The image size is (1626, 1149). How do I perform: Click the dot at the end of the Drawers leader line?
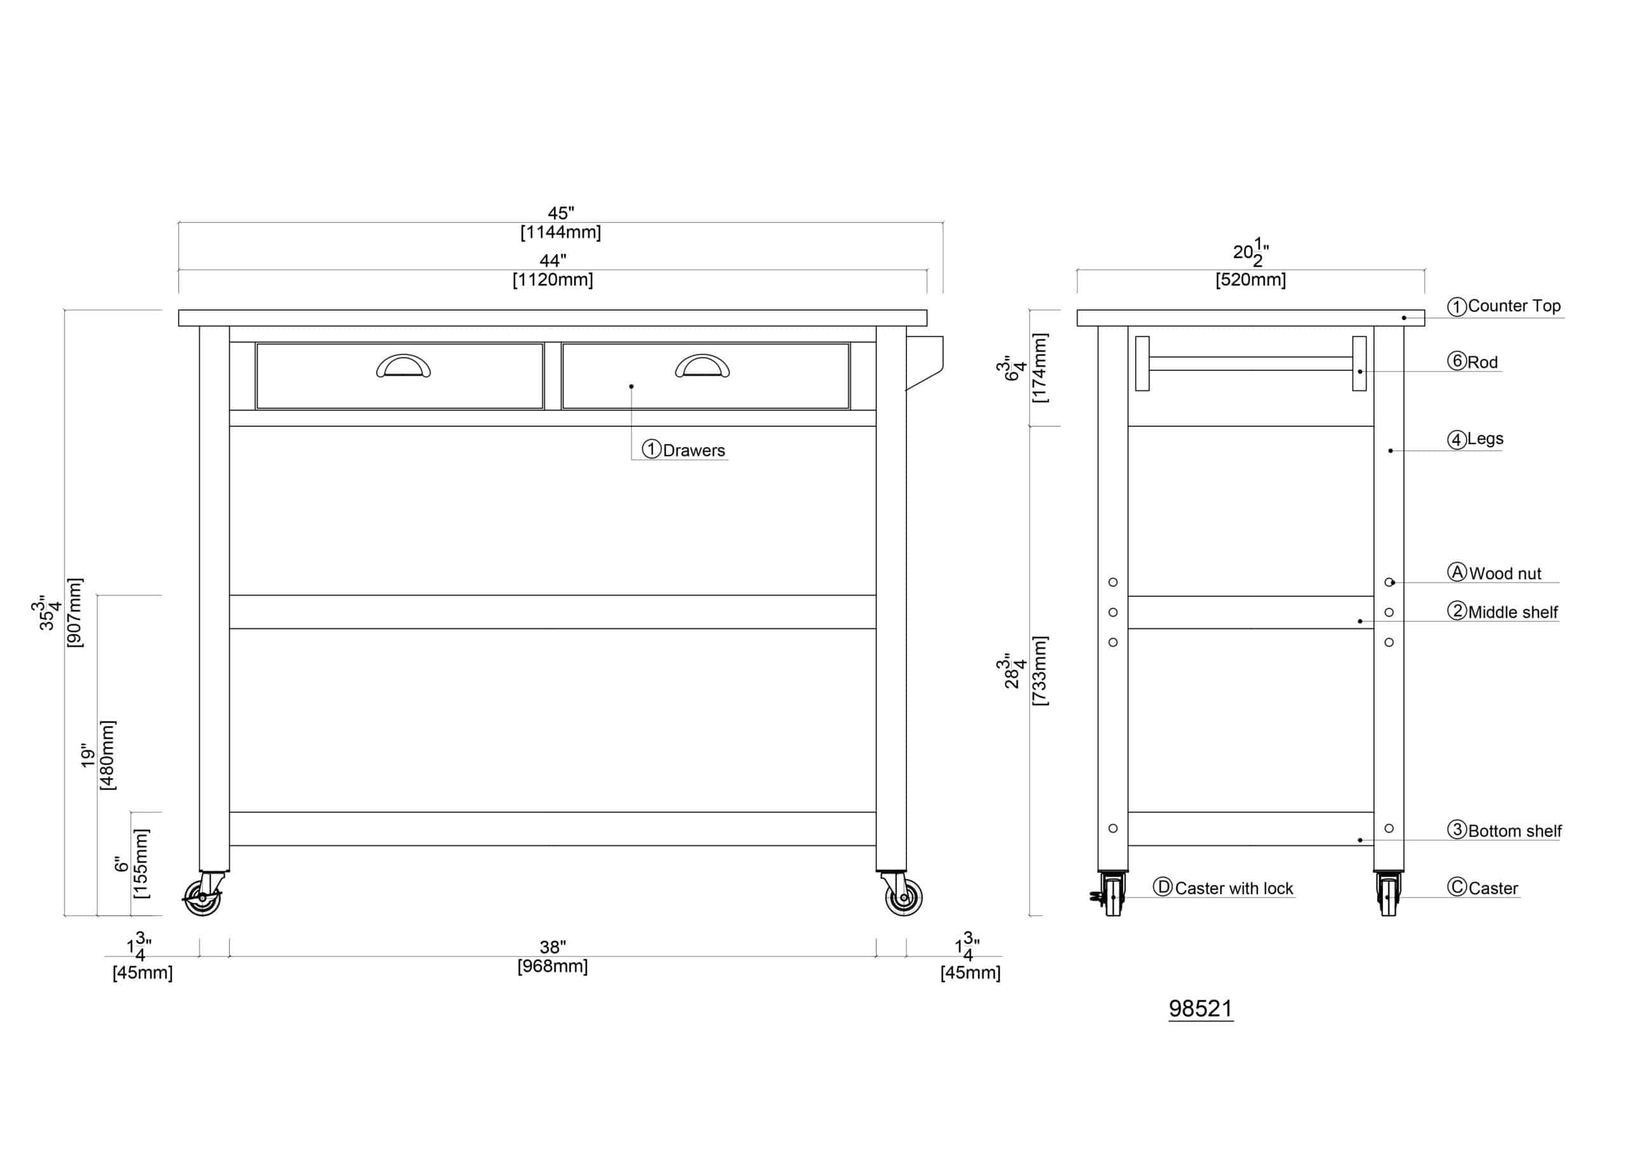pyautogui.click(x=631, y=386)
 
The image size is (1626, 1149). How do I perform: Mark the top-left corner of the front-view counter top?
pyautogui.click(x=178, y=309)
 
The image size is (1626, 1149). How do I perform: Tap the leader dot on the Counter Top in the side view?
pyautogui.click(x=1404, y=318)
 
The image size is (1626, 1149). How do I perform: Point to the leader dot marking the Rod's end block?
pyautogui.click(x=1360, y=371)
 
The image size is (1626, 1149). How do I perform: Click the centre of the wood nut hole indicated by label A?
pyautogui.click(x=1388, y=582)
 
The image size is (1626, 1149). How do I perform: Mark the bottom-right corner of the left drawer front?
pyautogui.click(x=543, y=409)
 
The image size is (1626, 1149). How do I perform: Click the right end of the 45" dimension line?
pyautogui.click(x=943, y=222)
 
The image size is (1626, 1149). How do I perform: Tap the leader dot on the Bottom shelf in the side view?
pyautogui.click(x=1360, y=840)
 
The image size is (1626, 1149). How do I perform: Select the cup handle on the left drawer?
pyautogui.click(x=403, y=365)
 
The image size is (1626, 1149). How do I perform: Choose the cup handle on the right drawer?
pyautogui.click(x=702, y=365)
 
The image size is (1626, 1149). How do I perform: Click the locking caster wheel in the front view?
pyautogui.click(x=203, y=897)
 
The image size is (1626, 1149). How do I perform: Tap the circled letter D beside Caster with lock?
pyautogui.click(x=1162, y=887)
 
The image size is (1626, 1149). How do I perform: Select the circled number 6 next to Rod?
pyautogui.click(x=1457, y=361)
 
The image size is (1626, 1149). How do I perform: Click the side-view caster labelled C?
pyautogui.click(x=1388, y=894)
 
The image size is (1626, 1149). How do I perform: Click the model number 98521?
pyautogui.click(x=1200, y=1009)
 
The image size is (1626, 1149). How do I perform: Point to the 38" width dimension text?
pyautogui.click(x=553, y=947)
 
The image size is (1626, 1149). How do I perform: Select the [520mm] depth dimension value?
pyautogui.click(x=1251, y=280)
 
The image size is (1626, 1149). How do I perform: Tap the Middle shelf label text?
pyautogui.click(x=1513, y=612)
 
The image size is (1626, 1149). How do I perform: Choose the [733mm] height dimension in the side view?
pyautogui.click(x=1040, y=670)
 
